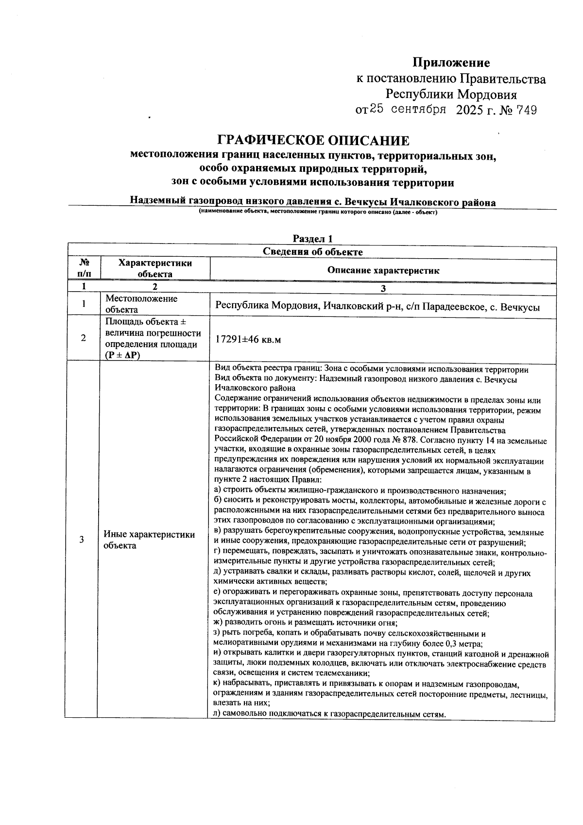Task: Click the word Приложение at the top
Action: pyautogui.click(x=451, y=63)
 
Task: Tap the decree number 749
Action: pyautogui.click(x=527, y=111)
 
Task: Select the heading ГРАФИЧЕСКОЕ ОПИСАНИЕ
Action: pyautogui.click(x=313, y=141)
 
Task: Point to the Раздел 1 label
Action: pyautogui.click(x=313, y=239)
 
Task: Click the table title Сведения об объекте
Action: pyautogui.click(x=313, y=252)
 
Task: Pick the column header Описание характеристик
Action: pyautogui.click(x=383, y=271)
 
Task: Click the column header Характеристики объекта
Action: pyautogui.click(x=155, y=268)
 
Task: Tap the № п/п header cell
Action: pyautogui.click(x=84, y=268)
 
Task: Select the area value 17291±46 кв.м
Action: pyautogui.click(x=248, y=340)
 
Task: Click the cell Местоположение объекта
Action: pyautogui.click(x=141, y=304)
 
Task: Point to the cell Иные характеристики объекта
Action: pyautogui.click(x=149, y=540)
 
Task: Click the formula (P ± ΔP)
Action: pyautogui.click(x=122, y=355)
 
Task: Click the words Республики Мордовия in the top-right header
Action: pyautogui.click(x=451, y=95)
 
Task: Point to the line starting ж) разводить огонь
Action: pyautogui.click(x=306, y=624)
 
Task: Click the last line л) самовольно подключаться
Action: pyautogui.click(x=329, y=714)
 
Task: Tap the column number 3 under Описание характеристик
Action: pyautogui.click(x=383, y=289)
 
